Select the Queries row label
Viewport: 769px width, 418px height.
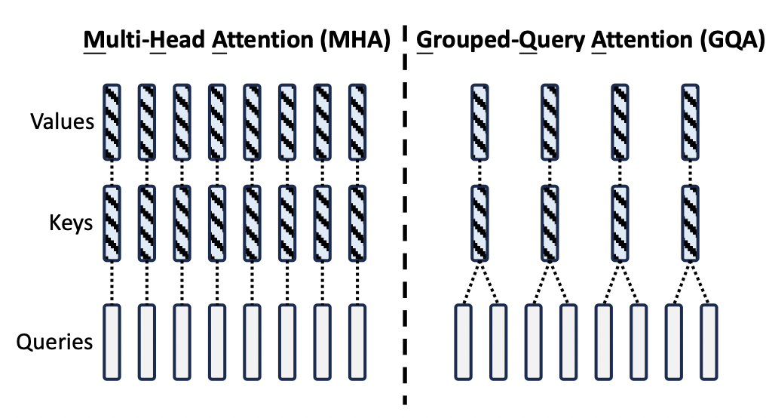pos(55,342)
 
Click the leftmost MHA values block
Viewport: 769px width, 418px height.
pos(112,121)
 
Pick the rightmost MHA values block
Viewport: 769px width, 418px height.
pos(357,121)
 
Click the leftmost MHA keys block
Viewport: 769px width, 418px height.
pos(112,223)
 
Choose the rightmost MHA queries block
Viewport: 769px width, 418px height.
pos(357,341)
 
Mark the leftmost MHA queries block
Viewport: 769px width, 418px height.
pos(112,341)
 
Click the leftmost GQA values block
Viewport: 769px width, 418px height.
pos(481,121)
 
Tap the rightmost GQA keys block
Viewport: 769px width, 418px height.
pos(691,223)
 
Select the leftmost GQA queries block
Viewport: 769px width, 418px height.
pos(464,341)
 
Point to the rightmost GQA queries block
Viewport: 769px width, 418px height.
pos(708,341)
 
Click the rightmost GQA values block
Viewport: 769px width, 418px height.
pos(691,121)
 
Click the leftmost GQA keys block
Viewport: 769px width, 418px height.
pos(481,223)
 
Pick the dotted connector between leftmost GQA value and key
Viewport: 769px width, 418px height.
pos(481,173)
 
